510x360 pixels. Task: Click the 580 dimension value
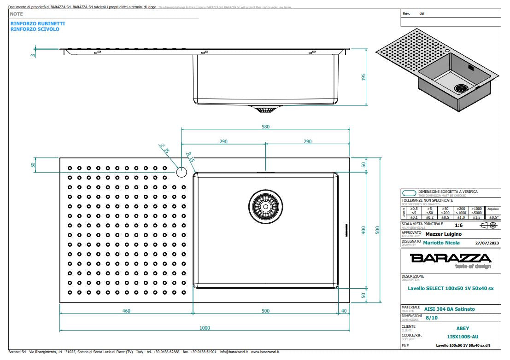265,127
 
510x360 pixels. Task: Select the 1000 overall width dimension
205,328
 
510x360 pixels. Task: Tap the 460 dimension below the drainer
126,311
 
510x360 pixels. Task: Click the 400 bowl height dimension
363,230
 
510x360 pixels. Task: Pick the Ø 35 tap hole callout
164,149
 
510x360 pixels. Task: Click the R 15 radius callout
190,156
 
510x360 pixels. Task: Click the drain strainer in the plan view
265,207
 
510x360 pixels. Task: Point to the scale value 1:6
459,226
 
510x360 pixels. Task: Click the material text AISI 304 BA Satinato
449,309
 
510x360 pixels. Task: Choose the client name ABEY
463,328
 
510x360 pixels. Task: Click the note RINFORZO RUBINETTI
37,23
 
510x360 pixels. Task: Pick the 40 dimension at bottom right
343,311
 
